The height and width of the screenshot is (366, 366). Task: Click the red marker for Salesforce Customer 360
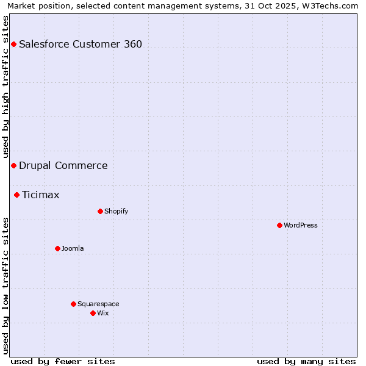tap(13, 44)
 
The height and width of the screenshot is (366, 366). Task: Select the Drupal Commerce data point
tap(13, 165)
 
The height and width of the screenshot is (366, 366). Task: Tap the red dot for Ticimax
tap(16, 195)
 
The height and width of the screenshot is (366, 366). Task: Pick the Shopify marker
tap(100, 211)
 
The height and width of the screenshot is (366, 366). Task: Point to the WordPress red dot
tap(279, 225)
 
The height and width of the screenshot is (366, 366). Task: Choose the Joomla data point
tap(57, 248)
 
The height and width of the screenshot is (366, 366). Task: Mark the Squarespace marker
tap(73, 304)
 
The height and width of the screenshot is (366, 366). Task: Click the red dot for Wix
tap(93, 313)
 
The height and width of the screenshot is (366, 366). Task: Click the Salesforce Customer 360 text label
tap(81, 44)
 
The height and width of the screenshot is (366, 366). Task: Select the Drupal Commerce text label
tap(63, 165)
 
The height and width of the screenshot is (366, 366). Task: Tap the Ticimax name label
tap(41, 195)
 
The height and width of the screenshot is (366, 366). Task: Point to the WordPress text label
tap(301, 225)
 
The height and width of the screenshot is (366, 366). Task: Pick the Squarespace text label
tap(98, 304)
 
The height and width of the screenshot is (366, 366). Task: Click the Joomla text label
tap(73, 248)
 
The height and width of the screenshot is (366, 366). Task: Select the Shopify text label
tap(116, 211)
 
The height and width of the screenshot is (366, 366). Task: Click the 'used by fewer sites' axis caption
tap(63, 361)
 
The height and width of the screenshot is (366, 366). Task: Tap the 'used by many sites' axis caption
tap(306, 361)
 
